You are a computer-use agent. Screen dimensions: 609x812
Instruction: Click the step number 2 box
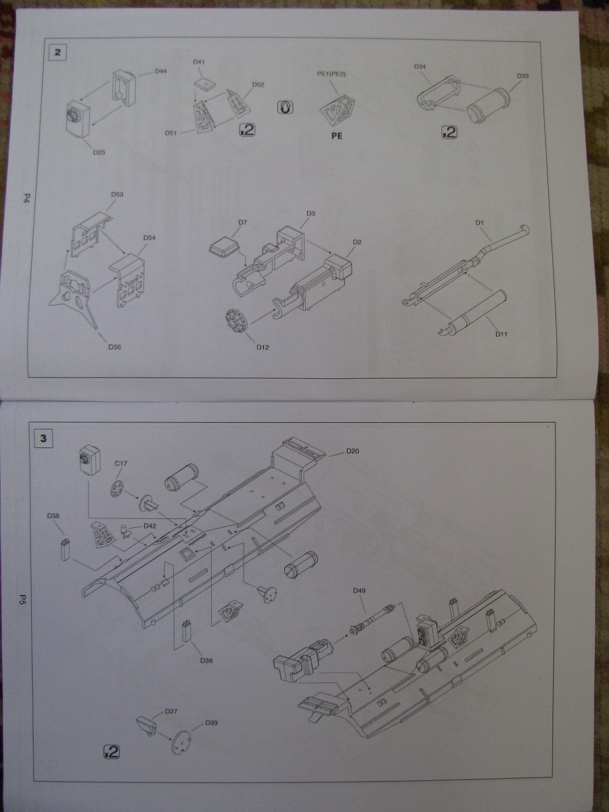[58, 53]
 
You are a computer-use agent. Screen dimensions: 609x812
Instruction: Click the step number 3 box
[43, 438]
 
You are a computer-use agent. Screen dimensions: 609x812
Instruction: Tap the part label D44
[161, 71]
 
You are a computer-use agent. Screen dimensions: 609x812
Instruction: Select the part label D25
[99, 152]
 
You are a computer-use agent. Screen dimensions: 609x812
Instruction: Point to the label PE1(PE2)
[332, 74]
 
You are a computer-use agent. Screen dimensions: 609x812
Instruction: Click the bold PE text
[336, 136]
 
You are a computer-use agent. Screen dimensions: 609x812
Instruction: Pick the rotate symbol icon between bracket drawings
[285, 108]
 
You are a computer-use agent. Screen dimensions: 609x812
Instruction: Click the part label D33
[523, 76]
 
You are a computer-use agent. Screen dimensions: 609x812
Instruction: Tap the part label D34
[420, 66]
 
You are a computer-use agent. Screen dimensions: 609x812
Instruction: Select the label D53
[117, 194]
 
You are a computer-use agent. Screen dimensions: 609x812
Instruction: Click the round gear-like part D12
[237, 320]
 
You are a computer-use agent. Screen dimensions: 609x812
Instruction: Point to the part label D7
[242, 223]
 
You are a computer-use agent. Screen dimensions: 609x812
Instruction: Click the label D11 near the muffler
[501, 334]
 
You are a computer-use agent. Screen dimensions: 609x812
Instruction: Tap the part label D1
[479, 223]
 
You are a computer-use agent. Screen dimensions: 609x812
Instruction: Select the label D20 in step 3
[353, 451]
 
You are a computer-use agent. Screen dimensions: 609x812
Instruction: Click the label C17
[121, 463]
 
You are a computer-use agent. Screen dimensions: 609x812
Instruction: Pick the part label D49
[359, 591]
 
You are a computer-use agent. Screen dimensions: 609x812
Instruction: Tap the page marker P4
[27, 200]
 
